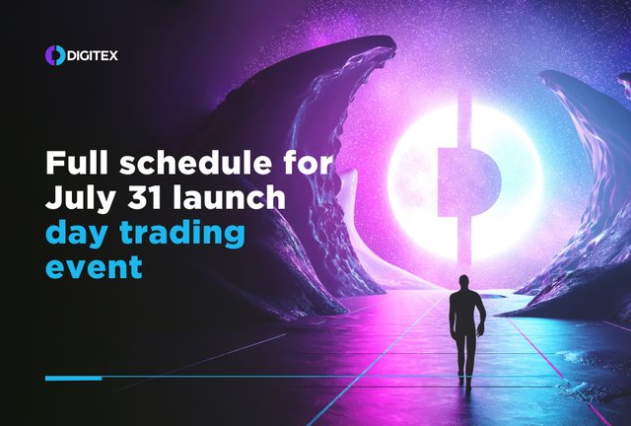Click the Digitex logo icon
(55, 55)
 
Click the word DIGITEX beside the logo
(93, 55)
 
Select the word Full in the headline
(77, 163)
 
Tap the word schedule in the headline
(195, 163)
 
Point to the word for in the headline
(308, 163)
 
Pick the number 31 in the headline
(145, 197)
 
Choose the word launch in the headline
(229, 196)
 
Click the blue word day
(77, 235)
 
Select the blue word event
(94, 266)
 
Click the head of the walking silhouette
(464, 282)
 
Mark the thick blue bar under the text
(73, 378)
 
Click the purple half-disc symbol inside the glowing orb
(469, 182)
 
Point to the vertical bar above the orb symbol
(464, 120)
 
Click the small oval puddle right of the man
(493, 297)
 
